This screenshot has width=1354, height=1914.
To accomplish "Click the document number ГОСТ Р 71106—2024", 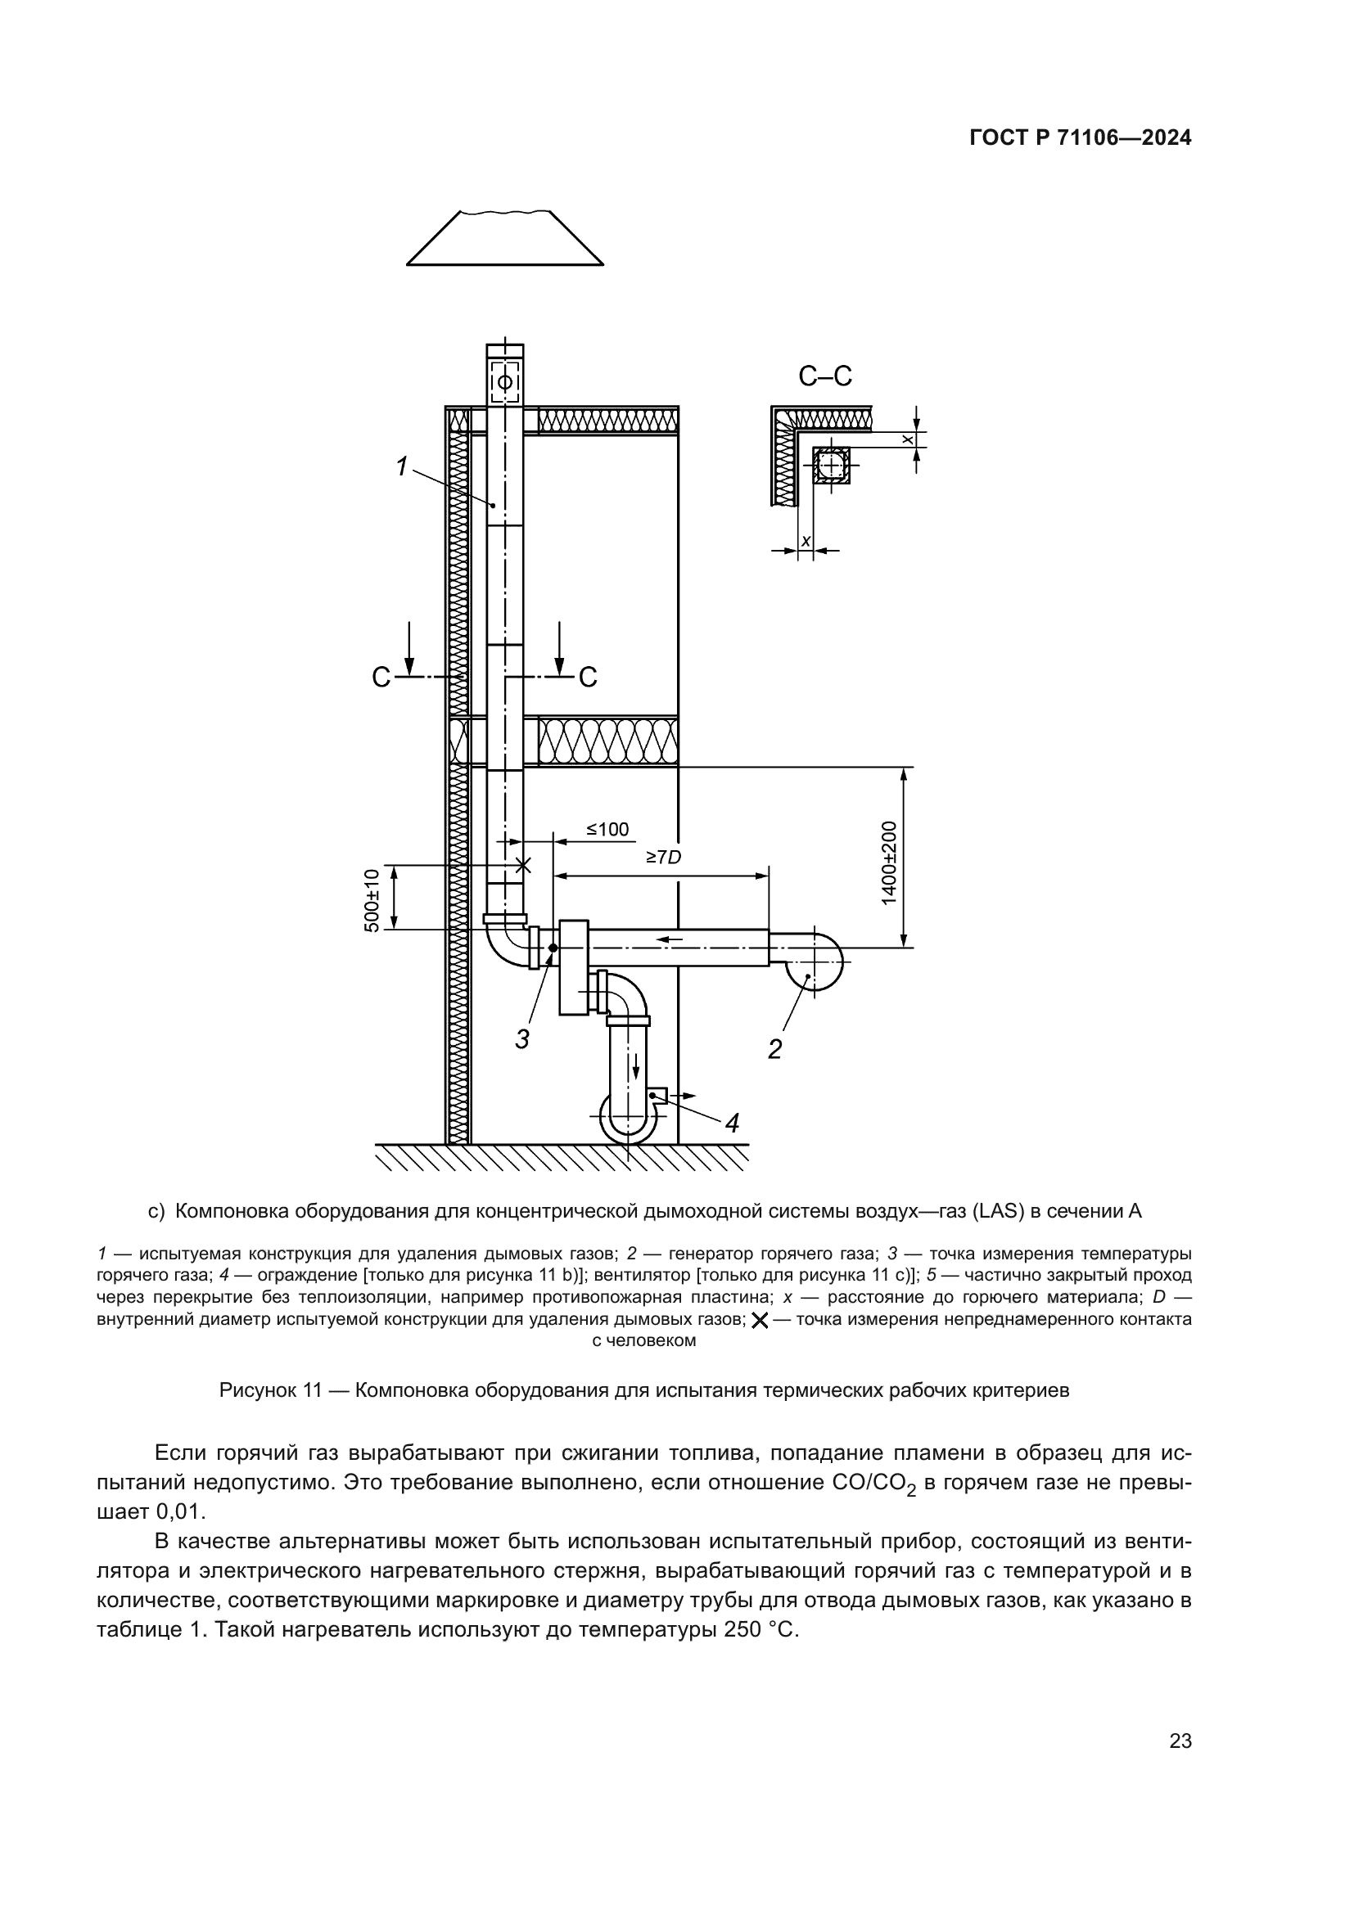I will click(1081, 138).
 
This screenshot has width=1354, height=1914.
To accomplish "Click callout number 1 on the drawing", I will click(402, 466).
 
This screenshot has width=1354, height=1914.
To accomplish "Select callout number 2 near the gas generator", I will click(774, 1049).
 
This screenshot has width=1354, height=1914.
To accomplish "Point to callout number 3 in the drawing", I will click(522, 1038).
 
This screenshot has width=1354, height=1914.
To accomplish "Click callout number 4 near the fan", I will click(731, 1124).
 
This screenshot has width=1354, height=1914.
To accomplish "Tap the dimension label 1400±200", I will click(889, 862).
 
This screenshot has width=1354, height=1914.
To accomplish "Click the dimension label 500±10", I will click(372, 899).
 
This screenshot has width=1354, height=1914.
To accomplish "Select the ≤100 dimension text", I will click(607, 830).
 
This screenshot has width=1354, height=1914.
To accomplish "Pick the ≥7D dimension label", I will click(664, 857).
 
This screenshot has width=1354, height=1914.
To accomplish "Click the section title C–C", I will click(825, 376).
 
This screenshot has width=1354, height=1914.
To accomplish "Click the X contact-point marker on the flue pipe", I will click(523, 865).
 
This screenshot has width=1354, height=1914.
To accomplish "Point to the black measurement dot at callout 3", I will click(553, 948).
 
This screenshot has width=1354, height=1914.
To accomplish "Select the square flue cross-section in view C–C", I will click(830, 465).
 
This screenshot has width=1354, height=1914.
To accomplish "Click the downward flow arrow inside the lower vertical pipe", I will click(637, 1066).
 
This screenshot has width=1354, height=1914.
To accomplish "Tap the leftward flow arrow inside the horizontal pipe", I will click(671, 941).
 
